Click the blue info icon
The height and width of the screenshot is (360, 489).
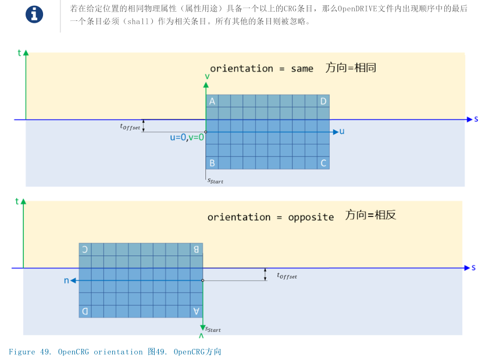[34, 15]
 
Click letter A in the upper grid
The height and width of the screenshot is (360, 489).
[212, 102]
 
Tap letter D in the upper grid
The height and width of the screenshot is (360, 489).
[323, 102]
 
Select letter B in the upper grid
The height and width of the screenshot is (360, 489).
[212, 163]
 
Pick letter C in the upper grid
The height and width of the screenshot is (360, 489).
[323, 163]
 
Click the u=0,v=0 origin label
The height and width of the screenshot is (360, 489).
[187, 137]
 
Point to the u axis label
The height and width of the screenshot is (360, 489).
[342, 131]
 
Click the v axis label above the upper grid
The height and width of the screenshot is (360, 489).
[207, 77]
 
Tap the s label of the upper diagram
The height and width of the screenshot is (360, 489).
[476, 119]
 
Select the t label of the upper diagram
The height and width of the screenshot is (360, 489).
[20, 53]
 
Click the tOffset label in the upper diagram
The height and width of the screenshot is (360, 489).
[130, 126]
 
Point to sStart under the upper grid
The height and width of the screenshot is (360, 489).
[215, 181]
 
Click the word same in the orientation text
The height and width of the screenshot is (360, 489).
[302, 69]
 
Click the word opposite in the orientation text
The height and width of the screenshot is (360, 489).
[311, 217]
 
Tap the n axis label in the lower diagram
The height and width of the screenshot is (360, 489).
[66, 280]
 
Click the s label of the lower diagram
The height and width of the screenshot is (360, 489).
[474, 268]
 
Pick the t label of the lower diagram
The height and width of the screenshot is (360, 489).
[17, 201]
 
